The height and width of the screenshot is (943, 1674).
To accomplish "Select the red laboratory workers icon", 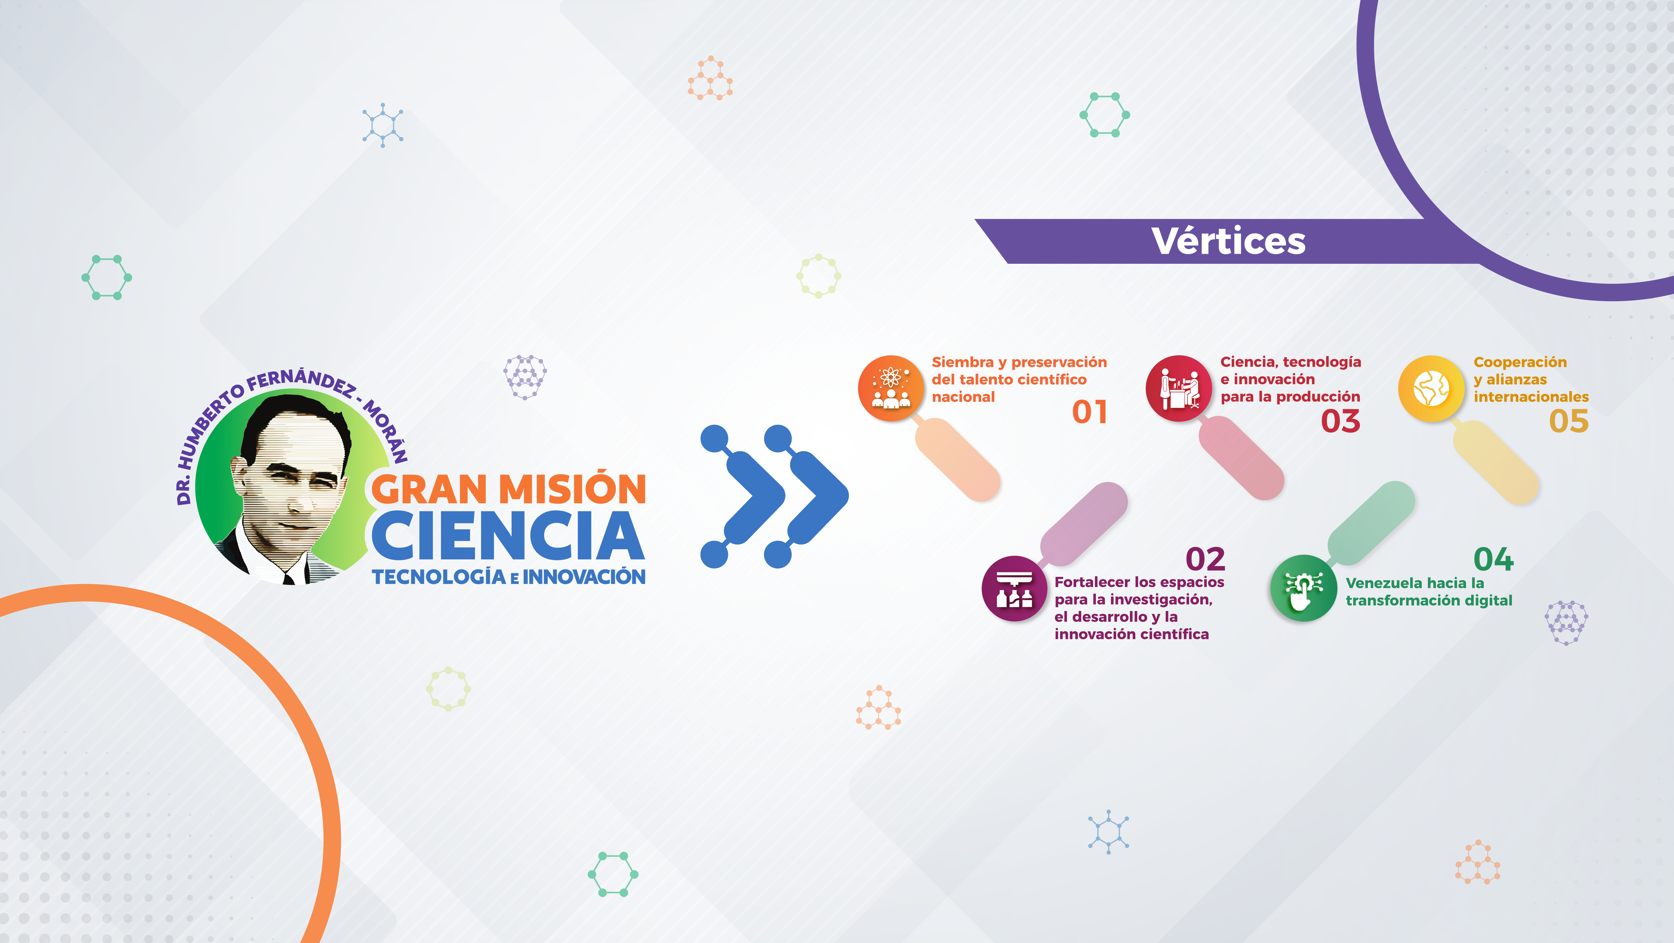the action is (x=1178, y=388).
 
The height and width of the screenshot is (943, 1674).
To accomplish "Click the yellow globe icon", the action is (x=1431, y=388).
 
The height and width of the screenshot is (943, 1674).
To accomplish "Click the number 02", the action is (x=1206, y=559).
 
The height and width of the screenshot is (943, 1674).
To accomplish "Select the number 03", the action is (x=1341, y=421).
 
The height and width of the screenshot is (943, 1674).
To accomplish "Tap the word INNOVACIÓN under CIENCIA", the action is (x=584, y=577).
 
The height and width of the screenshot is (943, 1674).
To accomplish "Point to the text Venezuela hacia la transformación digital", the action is (x=1429, y=591).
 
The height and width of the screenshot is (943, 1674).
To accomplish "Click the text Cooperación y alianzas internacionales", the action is (x=1531, y=379).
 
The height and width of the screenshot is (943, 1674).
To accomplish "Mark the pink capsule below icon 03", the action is (x=1241, y=458).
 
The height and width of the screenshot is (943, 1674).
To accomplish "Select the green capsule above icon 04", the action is (x=1371, y=523).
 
